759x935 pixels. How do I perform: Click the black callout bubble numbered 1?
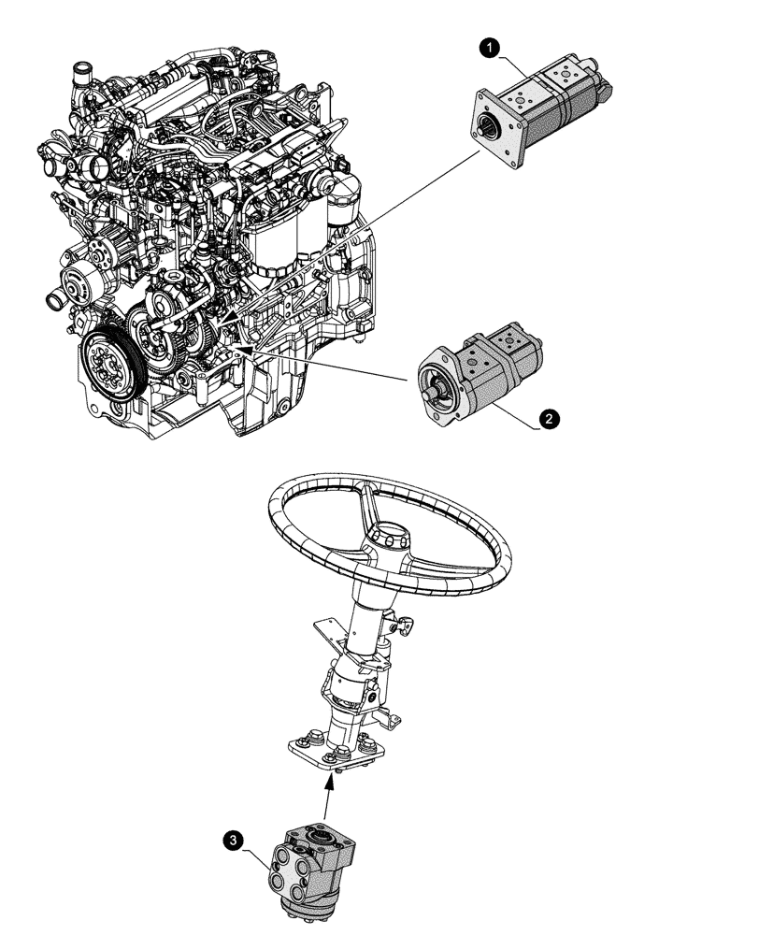pyautogui.click(x=488, y=45)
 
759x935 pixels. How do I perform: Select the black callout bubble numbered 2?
pyautogui.click(x=551, y=420)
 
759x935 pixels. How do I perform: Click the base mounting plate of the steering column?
pyautogui.click(x=337, y=752)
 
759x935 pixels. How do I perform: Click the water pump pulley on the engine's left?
pyautogui.click(x=75, y=280)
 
